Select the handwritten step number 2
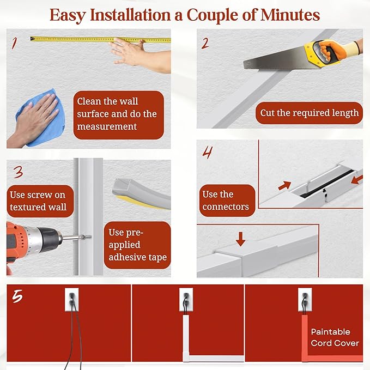[205, 43]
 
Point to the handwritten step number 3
[18, 173]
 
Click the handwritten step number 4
[207, 153]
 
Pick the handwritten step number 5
[18, 297]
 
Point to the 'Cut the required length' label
[309, 113]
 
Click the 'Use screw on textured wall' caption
[38, 201]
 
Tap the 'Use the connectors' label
[226, 201]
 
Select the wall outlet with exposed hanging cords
[72, 299]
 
